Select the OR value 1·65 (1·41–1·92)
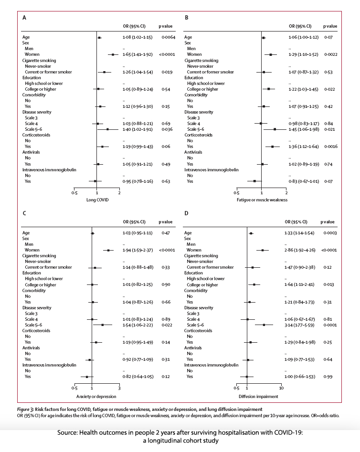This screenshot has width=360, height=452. click(138, 54)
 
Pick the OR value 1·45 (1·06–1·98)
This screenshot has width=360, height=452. click(304, 129)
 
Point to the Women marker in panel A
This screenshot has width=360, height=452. click(113, 54)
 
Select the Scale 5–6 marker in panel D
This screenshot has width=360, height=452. click(264, 325)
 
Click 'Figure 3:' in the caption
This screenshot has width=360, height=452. click(32, 409)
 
